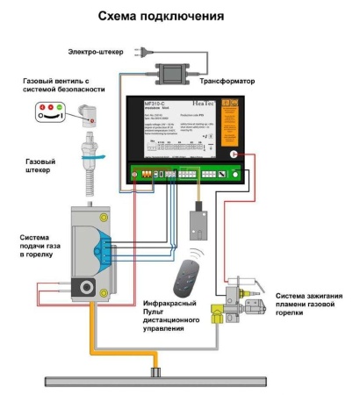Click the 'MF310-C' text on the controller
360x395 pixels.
point(157,103)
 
